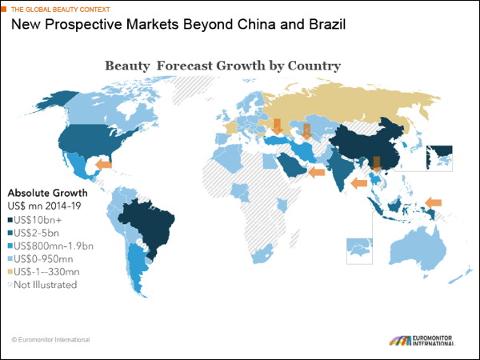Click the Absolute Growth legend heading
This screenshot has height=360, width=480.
(47, 193)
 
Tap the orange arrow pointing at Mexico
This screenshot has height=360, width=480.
(102, 165)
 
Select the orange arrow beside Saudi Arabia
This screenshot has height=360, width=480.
(317, 172)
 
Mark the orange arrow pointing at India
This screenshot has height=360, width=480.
(359, 183)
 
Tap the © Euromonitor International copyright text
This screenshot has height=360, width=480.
(51, 339)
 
